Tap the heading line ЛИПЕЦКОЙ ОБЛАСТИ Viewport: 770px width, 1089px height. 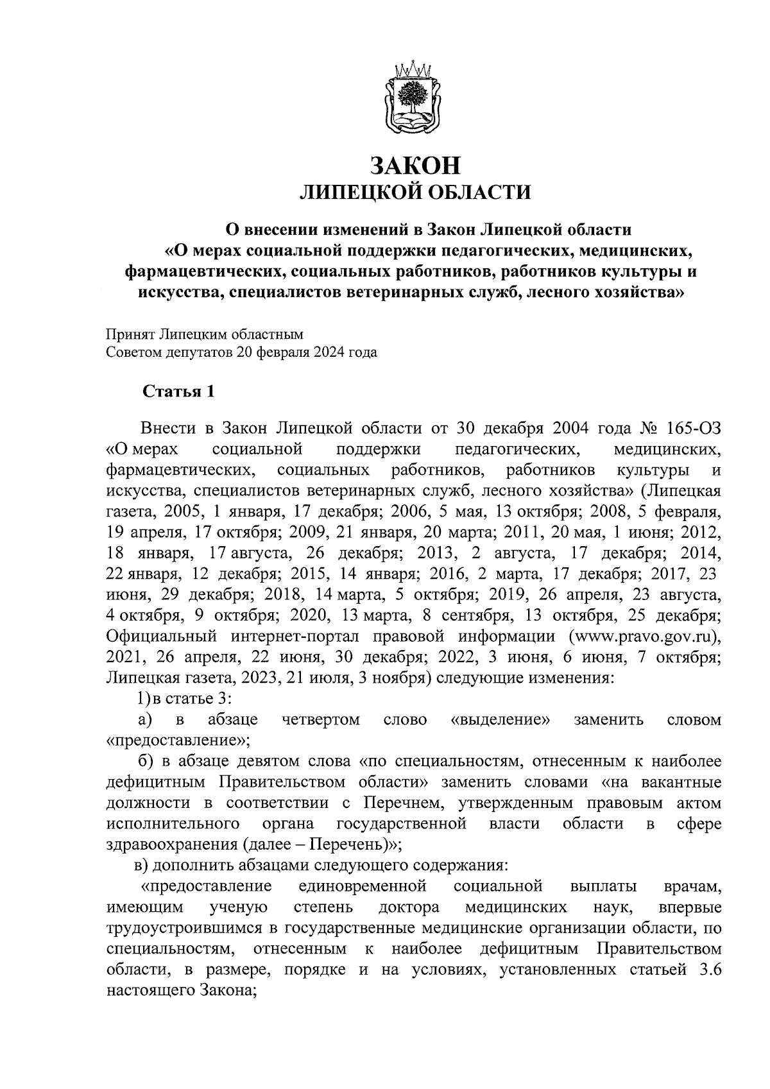coord(416,191)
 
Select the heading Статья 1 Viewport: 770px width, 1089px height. coord(178,391)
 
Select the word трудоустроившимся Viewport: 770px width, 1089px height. coord(193,928)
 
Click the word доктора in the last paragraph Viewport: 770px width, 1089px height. coord(409,907)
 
